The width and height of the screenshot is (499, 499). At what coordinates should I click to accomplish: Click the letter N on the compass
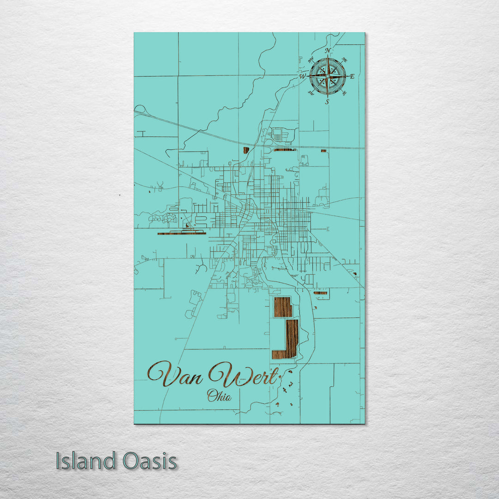(328, 50)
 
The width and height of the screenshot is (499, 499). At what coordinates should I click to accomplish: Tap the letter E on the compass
(352, 77)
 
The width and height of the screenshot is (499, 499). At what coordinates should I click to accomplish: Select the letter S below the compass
(327, 102)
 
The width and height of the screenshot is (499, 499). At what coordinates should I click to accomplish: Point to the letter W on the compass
(303, 76)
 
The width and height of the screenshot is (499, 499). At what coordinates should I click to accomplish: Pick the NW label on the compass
(310, 60)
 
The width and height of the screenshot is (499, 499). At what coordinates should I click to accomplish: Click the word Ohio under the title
(219, 396)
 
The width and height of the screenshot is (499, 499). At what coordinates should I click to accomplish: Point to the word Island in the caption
(86, 461)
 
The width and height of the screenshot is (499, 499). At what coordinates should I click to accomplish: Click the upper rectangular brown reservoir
(283, 307)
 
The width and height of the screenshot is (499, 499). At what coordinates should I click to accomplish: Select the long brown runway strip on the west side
(181, 233)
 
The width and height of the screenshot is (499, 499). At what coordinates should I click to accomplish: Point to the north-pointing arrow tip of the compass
(328, 56)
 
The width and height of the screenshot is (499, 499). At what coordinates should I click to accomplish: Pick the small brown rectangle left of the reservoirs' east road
(320, 293)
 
